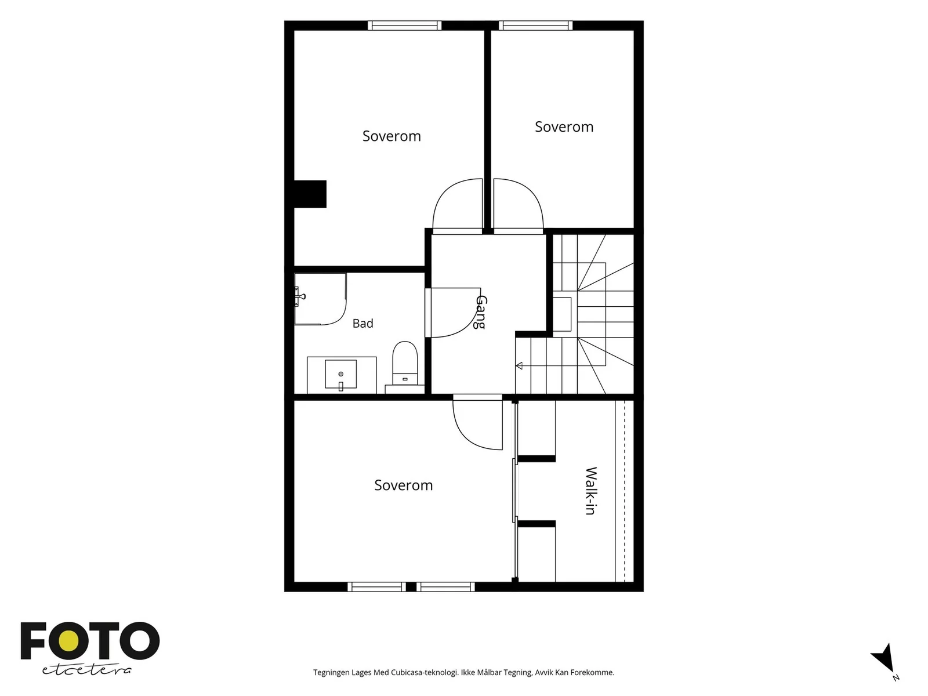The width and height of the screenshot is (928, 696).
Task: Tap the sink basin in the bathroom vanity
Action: click(x=340, y=374)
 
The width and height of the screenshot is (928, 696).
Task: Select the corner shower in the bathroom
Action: click(x=320, y=299)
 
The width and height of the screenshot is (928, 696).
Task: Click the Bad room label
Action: click(x=362, y=323)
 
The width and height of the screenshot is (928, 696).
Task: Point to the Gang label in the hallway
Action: click(x=481, y=312)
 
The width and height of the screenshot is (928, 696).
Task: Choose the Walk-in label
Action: click(x=590, y=491)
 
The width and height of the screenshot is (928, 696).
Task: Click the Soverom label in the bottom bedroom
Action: click(x=403, y=485)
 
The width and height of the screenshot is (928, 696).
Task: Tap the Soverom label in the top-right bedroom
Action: click(x=564, y=127)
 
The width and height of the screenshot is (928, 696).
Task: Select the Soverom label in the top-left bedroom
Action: click(x=391, y=136)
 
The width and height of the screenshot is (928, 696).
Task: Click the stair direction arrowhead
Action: click(x=519, y=365)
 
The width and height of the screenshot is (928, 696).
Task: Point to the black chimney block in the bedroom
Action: click(x=310, y=194)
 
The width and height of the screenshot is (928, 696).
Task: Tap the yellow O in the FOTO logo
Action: click(x=68, y=641)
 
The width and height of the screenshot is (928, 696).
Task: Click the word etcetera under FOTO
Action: click(x=86, y=670)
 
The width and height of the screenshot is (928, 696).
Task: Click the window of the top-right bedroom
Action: click(x=535, y=26)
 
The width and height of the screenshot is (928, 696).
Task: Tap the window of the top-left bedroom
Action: click(x=404, y=26)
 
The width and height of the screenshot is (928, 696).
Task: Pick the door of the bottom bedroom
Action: click(x=477, y=422)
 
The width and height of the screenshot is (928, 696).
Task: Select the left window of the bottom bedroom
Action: click(x=376, y=586)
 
